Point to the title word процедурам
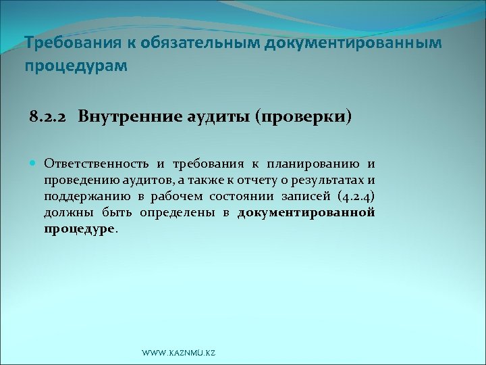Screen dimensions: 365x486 [x=75, y=67]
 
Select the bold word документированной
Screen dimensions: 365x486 [x=306, y=213]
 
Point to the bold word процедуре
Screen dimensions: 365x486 [x=80, y=229]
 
